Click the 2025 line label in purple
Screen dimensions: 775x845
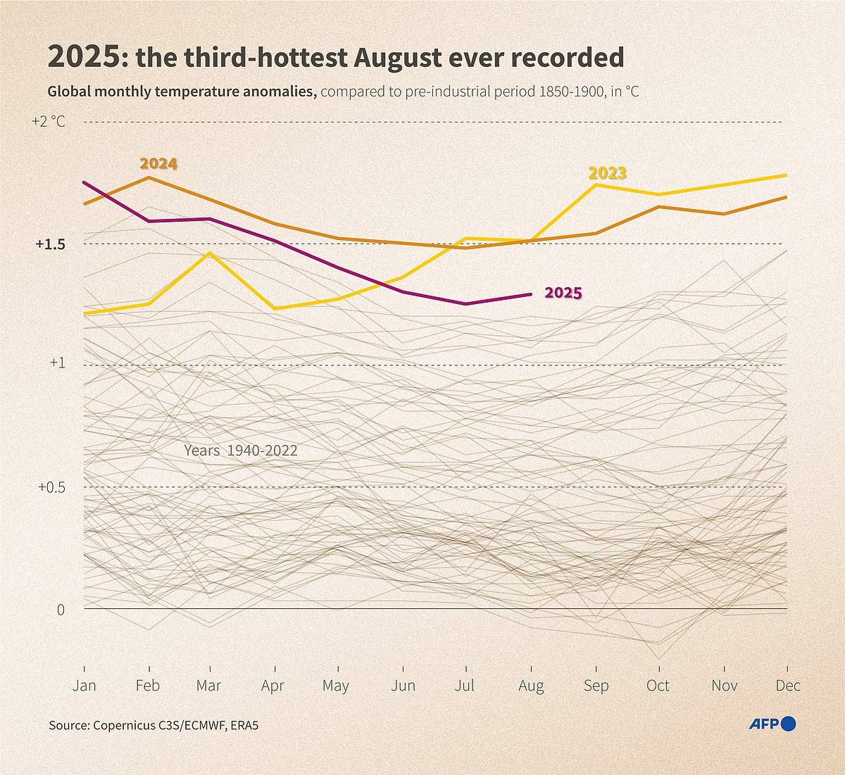pos(563,294)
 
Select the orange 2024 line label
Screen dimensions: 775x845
pos(158,164)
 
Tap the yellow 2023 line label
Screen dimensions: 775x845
pos(607,173)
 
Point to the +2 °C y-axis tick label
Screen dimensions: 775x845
pos(48,122)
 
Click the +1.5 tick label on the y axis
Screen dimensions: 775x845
pos(50,244)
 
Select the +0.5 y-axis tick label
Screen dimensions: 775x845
pos(50,487)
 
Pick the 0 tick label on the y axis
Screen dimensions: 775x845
pos(61,610)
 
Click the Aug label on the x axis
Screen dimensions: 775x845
pos(531,686)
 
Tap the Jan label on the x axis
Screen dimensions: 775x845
pos(84,686)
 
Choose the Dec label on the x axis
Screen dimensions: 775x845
pos(787,686)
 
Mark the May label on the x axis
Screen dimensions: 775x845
pos(336,686)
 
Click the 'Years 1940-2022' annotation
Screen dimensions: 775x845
pos(241,450)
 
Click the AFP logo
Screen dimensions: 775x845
pos(772,724)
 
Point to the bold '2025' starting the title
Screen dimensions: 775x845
pos(84,58)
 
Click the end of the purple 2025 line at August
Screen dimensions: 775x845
pos(530,294)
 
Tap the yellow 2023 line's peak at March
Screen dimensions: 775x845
pos(210,253)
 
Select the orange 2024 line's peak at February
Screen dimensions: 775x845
pos(148,177)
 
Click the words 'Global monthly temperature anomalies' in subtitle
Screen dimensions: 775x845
pos(182,92)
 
